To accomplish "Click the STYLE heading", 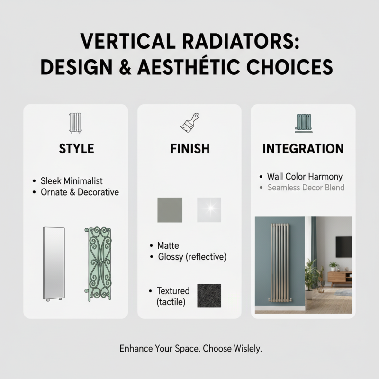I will click(76, 149).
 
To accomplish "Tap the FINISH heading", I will click(189, 149).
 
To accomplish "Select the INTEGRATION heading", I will click(303, 149).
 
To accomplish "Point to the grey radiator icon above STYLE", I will click(76, 123).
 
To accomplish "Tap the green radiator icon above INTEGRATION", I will click(303, 123).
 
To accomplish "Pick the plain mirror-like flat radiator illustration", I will click(53, 264).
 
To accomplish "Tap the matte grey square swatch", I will click(169, 210).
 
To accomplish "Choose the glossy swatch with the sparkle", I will click(209, 210).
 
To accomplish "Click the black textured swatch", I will click(208, 296).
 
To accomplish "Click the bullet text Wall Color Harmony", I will click(305, 177).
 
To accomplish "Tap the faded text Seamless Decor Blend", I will click(306, 188).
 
